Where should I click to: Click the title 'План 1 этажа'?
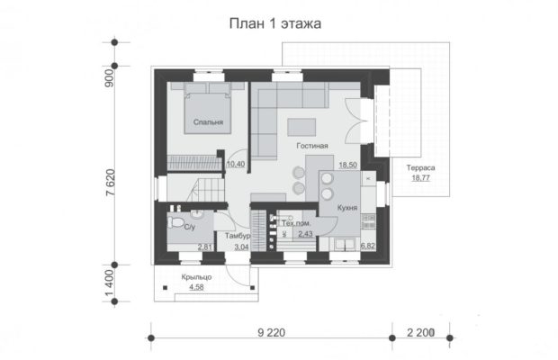pos(275,23)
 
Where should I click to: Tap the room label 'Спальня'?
pos(208,122)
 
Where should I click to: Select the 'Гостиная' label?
pos(312,146)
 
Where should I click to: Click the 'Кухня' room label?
pos(347,208)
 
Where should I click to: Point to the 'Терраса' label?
pos(420,167)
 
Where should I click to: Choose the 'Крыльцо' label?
pos(196,277)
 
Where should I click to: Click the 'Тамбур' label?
pos(238,236)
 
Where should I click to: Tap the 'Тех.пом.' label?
pos(296,223)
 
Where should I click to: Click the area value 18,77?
pos(420,178)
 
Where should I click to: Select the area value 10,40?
pos(236,164)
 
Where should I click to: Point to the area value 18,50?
pos(347,165)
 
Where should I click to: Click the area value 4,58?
pos(196,287)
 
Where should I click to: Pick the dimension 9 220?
pos(271,333)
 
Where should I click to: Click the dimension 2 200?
pos(420,333)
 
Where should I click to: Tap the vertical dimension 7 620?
pos(111,183)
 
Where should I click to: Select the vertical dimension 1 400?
pos(111,283)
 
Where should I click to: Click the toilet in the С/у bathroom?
pos(175,222)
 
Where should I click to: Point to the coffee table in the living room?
pos(301,127)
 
